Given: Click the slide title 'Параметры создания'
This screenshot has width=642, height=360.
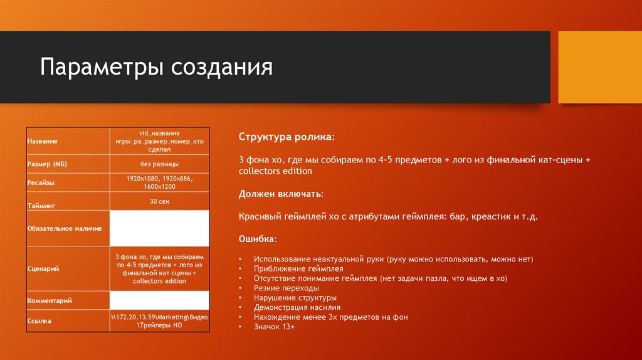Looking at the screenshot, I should (x=156, y=67).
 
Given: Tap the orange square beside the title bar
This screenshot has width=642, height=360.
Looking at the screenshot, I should (x=599, y=67).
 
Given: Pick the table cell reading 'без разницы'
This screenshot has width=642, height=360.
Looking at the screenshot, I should (x=159, y=164).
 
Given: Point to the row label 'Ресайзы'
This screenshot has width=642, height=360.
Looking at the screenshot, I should (x=41, y=183).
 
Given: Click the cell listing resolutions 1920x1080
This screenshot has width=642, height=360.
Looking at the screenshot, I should (x=159, y=183).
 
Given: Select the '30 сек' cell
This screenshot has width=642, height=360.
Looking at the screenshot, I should (x=159, y=201).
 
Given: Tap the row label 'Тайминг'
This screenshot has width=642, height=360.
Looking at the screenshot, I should (x=42, y=205).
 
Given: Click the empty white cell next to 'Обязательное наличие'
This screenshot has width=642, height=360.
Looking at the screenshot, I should (x=159, y=228).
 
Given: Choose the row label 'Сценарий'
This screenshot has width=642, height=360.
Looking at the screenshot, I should (x=43, y=268).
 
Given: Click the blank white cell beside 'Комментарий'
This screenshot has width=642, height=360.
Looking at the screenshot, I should (x=159, y=300).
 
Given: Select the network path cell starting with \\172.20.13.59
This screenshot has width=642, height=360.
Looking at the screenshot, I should (x=159, y=322).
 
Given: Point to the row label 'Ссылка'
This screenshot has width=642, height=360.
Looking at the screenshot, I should (x=39, y=321).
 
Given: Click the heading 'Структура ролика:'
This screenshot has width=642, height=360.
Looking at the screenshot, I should (x=287, y=137).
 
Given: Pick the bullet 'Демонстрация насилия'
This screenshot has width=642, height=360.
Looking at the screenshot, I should (x=297, y=307).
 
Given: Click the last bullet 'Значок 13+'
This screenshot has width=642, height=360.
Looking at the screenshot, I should (x=274, y=327).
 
